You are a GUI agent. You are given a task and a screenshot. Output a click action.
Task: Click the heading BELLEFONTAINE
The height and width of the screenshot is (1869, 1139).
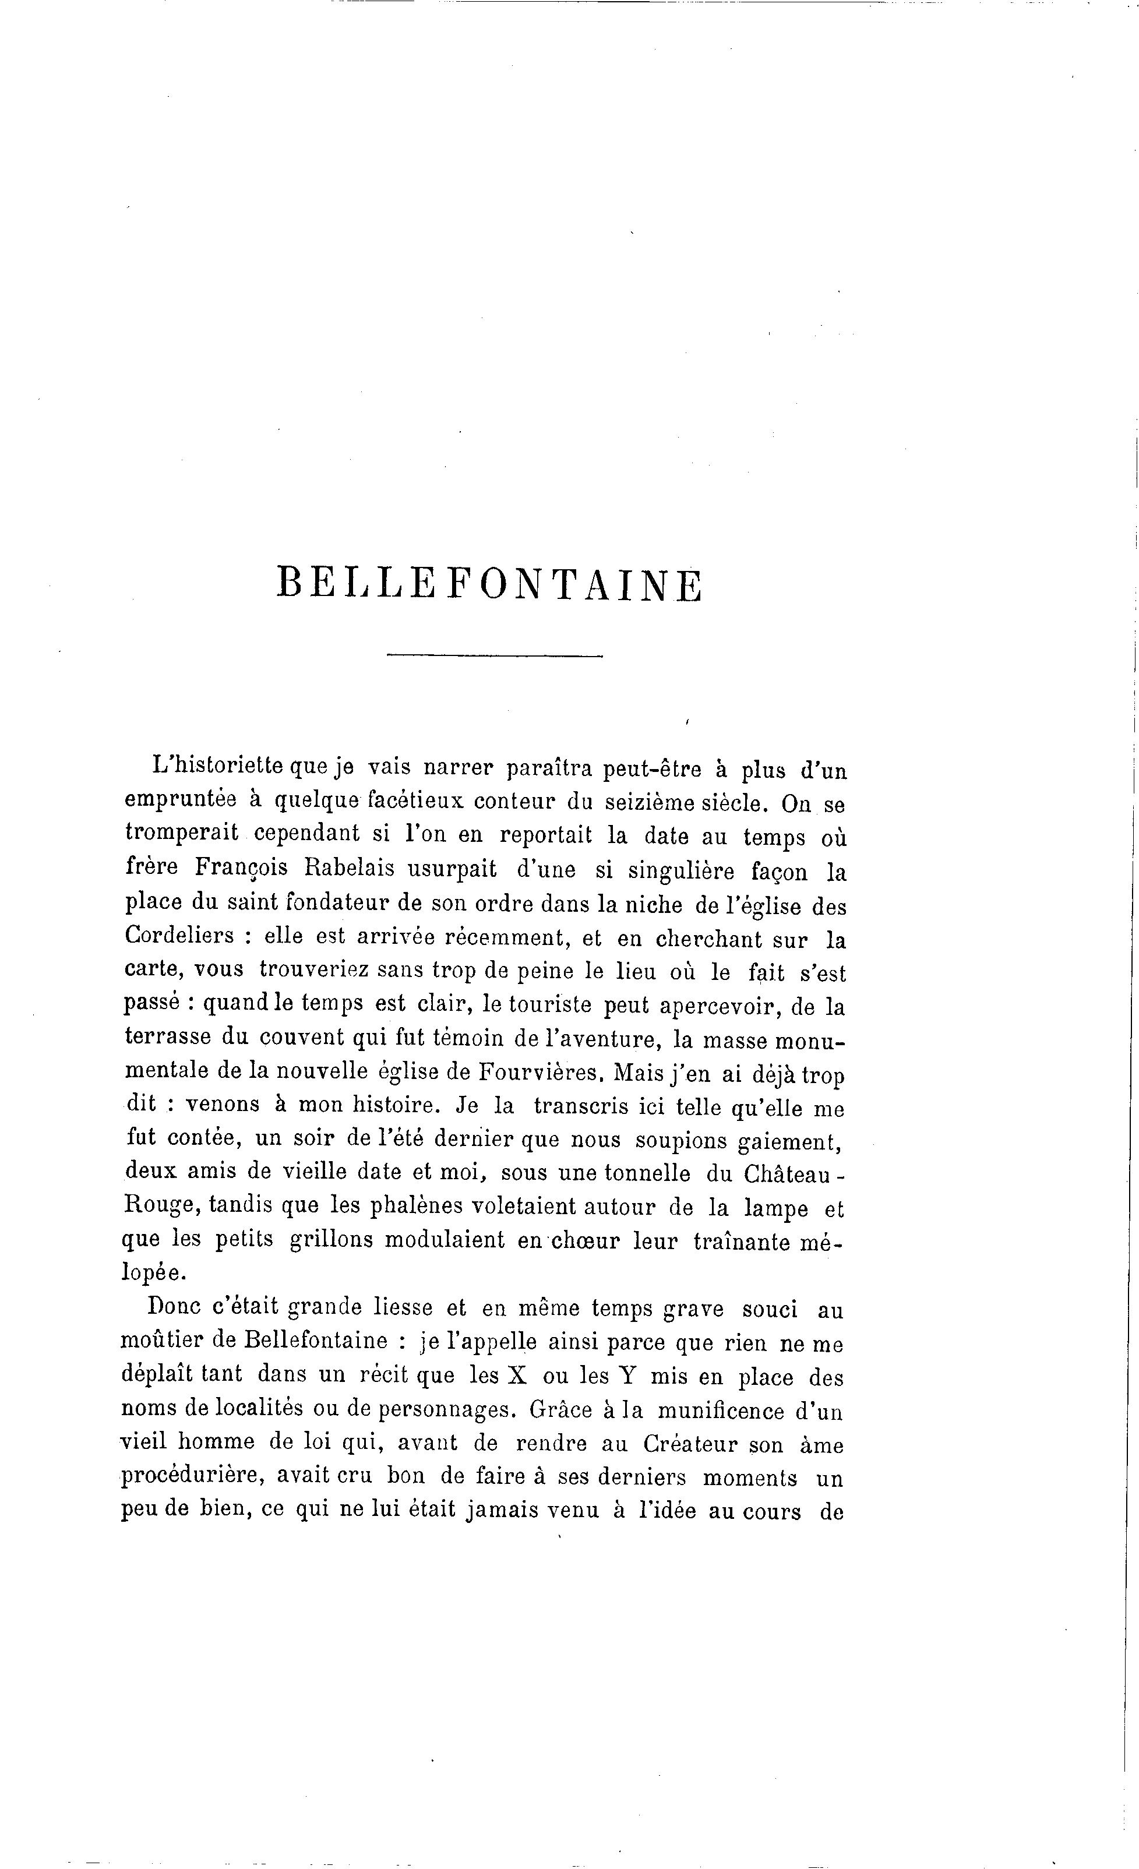[x=490, y=583]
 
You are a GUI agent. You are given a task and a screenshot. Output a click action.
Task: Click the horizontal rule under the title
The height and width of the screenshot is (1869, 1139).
[x=495, y=655]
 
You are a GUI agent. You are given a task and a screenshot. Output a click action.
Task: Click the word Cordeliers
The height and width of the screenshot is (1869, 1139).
[x=179, y=935]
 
